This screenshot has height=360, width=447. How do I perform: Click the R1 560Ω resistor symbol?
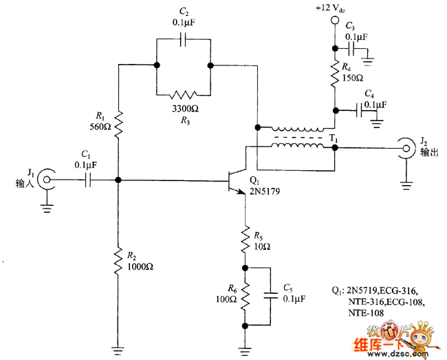(x=119, y=125)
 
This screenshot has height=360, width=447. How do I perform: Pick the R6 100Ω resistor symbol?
(x=244, y=297)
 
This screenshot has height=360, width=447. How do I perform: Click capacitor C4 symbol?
(x=360, y=109)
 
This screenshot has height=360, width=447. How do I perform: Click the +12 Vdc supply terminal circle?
(x=335, y=21)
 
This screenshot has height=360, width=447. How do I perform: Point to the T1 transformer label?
(x=334, y=138)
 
